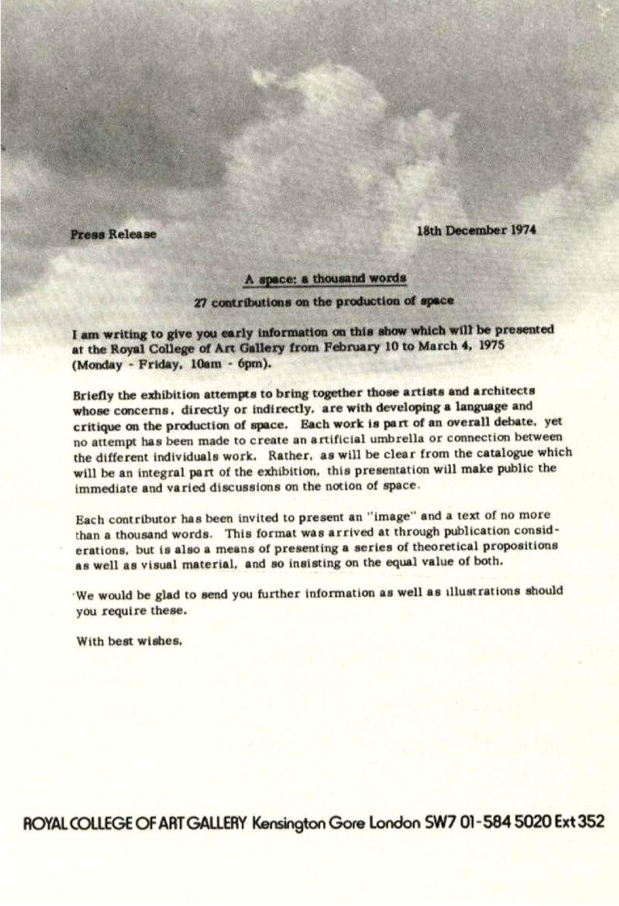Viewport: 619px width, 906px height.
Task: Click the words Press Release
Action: coord(113,234)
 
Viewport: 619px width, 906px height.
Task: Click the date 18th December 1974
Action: coord(476,230)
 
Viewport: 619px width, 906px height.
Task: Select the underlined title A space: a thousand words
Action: coord(325,279)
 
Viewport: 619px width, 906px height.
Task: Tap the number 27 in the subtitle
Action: coord(200,303)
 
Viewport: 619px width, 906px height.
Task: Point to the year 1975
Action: coord(492,344)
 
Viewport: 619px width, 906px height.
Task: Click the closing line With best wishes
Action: coord(129,642)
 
